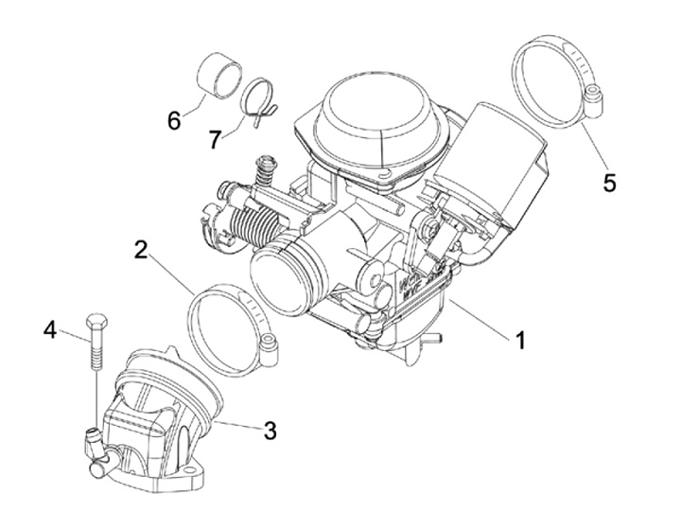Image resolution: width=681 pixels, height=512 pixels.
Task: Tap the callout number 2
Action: coord(141,251)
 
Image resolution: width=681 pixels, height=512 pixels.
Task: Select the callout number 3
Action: coord(270,432)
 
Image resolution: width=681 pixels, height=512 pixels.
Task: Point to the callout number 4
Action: coord(50,330)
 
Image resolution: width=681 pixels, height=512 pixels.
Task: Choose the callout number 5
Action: coord(609,181)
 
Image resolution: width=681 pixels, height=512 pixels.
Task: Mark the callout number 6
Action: coord(174,121)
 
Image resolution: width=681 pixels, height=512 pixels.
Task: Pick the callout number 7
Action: coord(215,139)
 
